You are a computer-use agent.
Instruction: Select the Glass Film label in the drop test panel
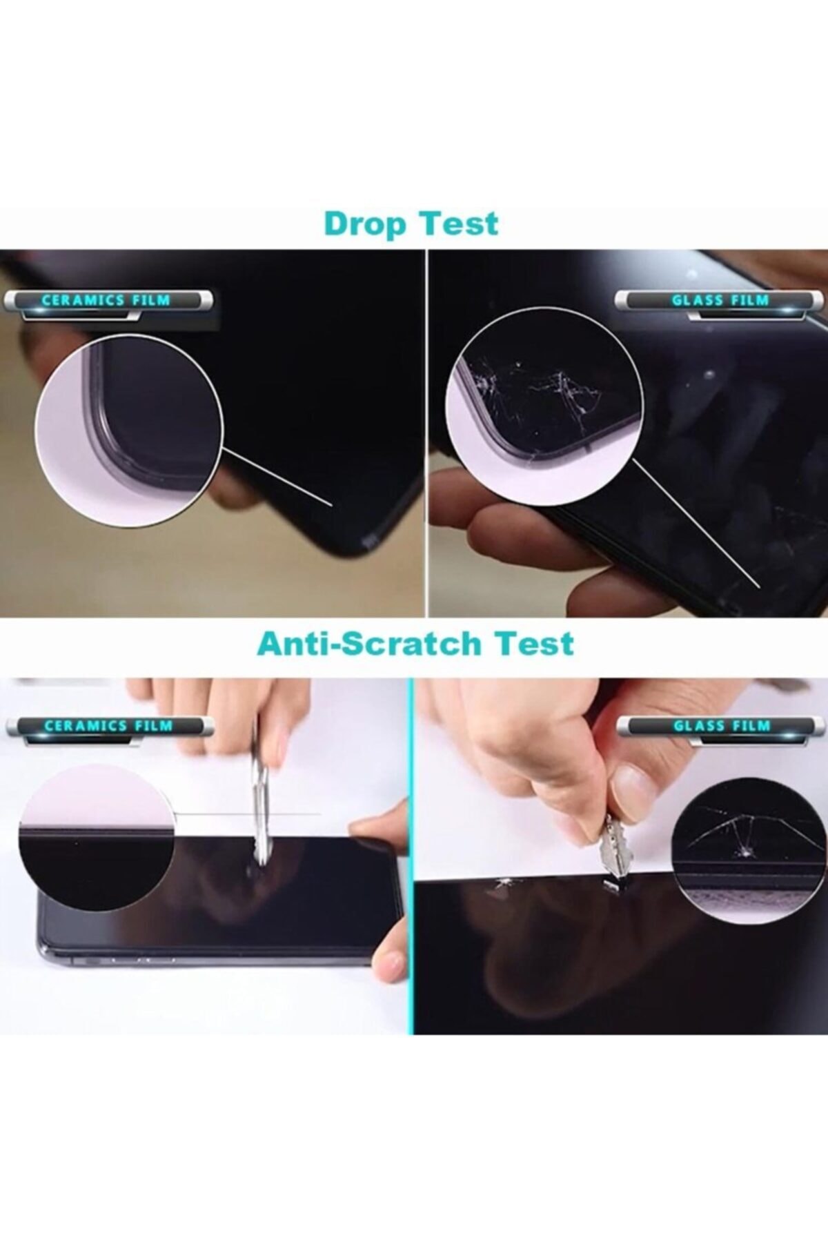click(720, 300)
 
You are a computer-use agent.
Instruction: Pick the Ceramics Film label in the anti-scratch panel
click(108, 726)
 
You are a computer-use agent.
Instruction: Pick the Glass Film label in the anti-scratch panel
click(722, 726)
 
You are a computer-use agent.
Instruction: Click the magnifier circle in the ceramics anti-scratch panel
click(96, 837)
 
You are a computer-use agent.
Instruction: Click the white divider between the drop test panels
click(427, 433)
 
